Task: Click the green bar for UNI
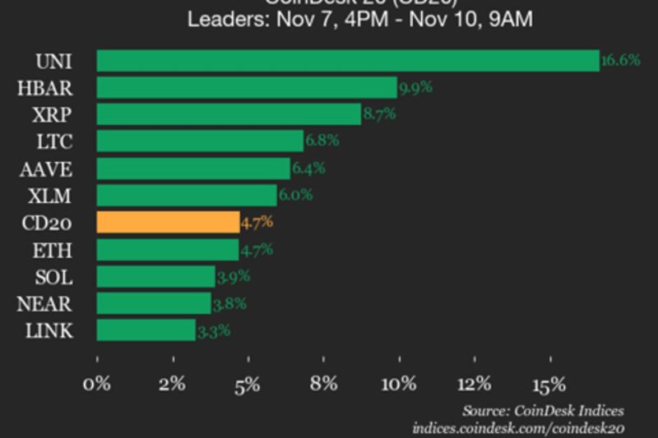tap(347, 61)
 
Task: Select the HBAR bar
tap(247, 88)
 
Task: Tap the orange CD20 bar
tap(168, 223)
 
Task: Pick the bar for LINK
tap(146, 331)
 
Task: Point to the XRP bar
tap(229, 114)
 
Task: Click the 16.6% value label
tap(621, 61)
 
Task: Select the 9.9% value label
tap(415, 88)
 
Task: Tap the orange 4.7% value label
tap(257, 223)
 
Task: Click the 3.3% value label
tap(213, 331)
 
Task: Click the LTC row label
tap(55, 141)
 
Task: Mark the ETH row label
tap(54, 250)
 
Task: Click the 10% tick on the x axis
tap(399, 384)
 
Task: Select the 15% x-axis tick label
tap(549, 384)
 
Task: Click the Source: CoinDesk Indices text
tap(542, 411)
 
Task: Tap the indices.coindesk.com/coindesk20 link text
tap(518, 428)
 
